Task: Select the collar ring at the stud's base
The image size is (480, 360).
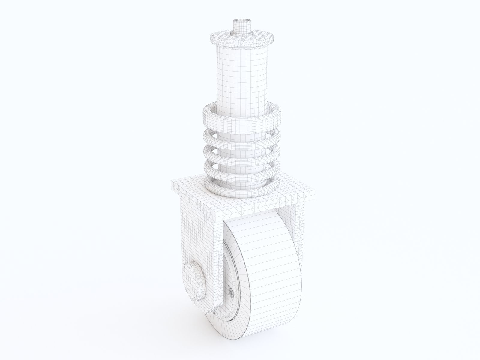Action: (241, 33)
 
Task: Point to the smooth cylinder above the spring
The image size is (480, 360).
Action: (241, 75)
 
